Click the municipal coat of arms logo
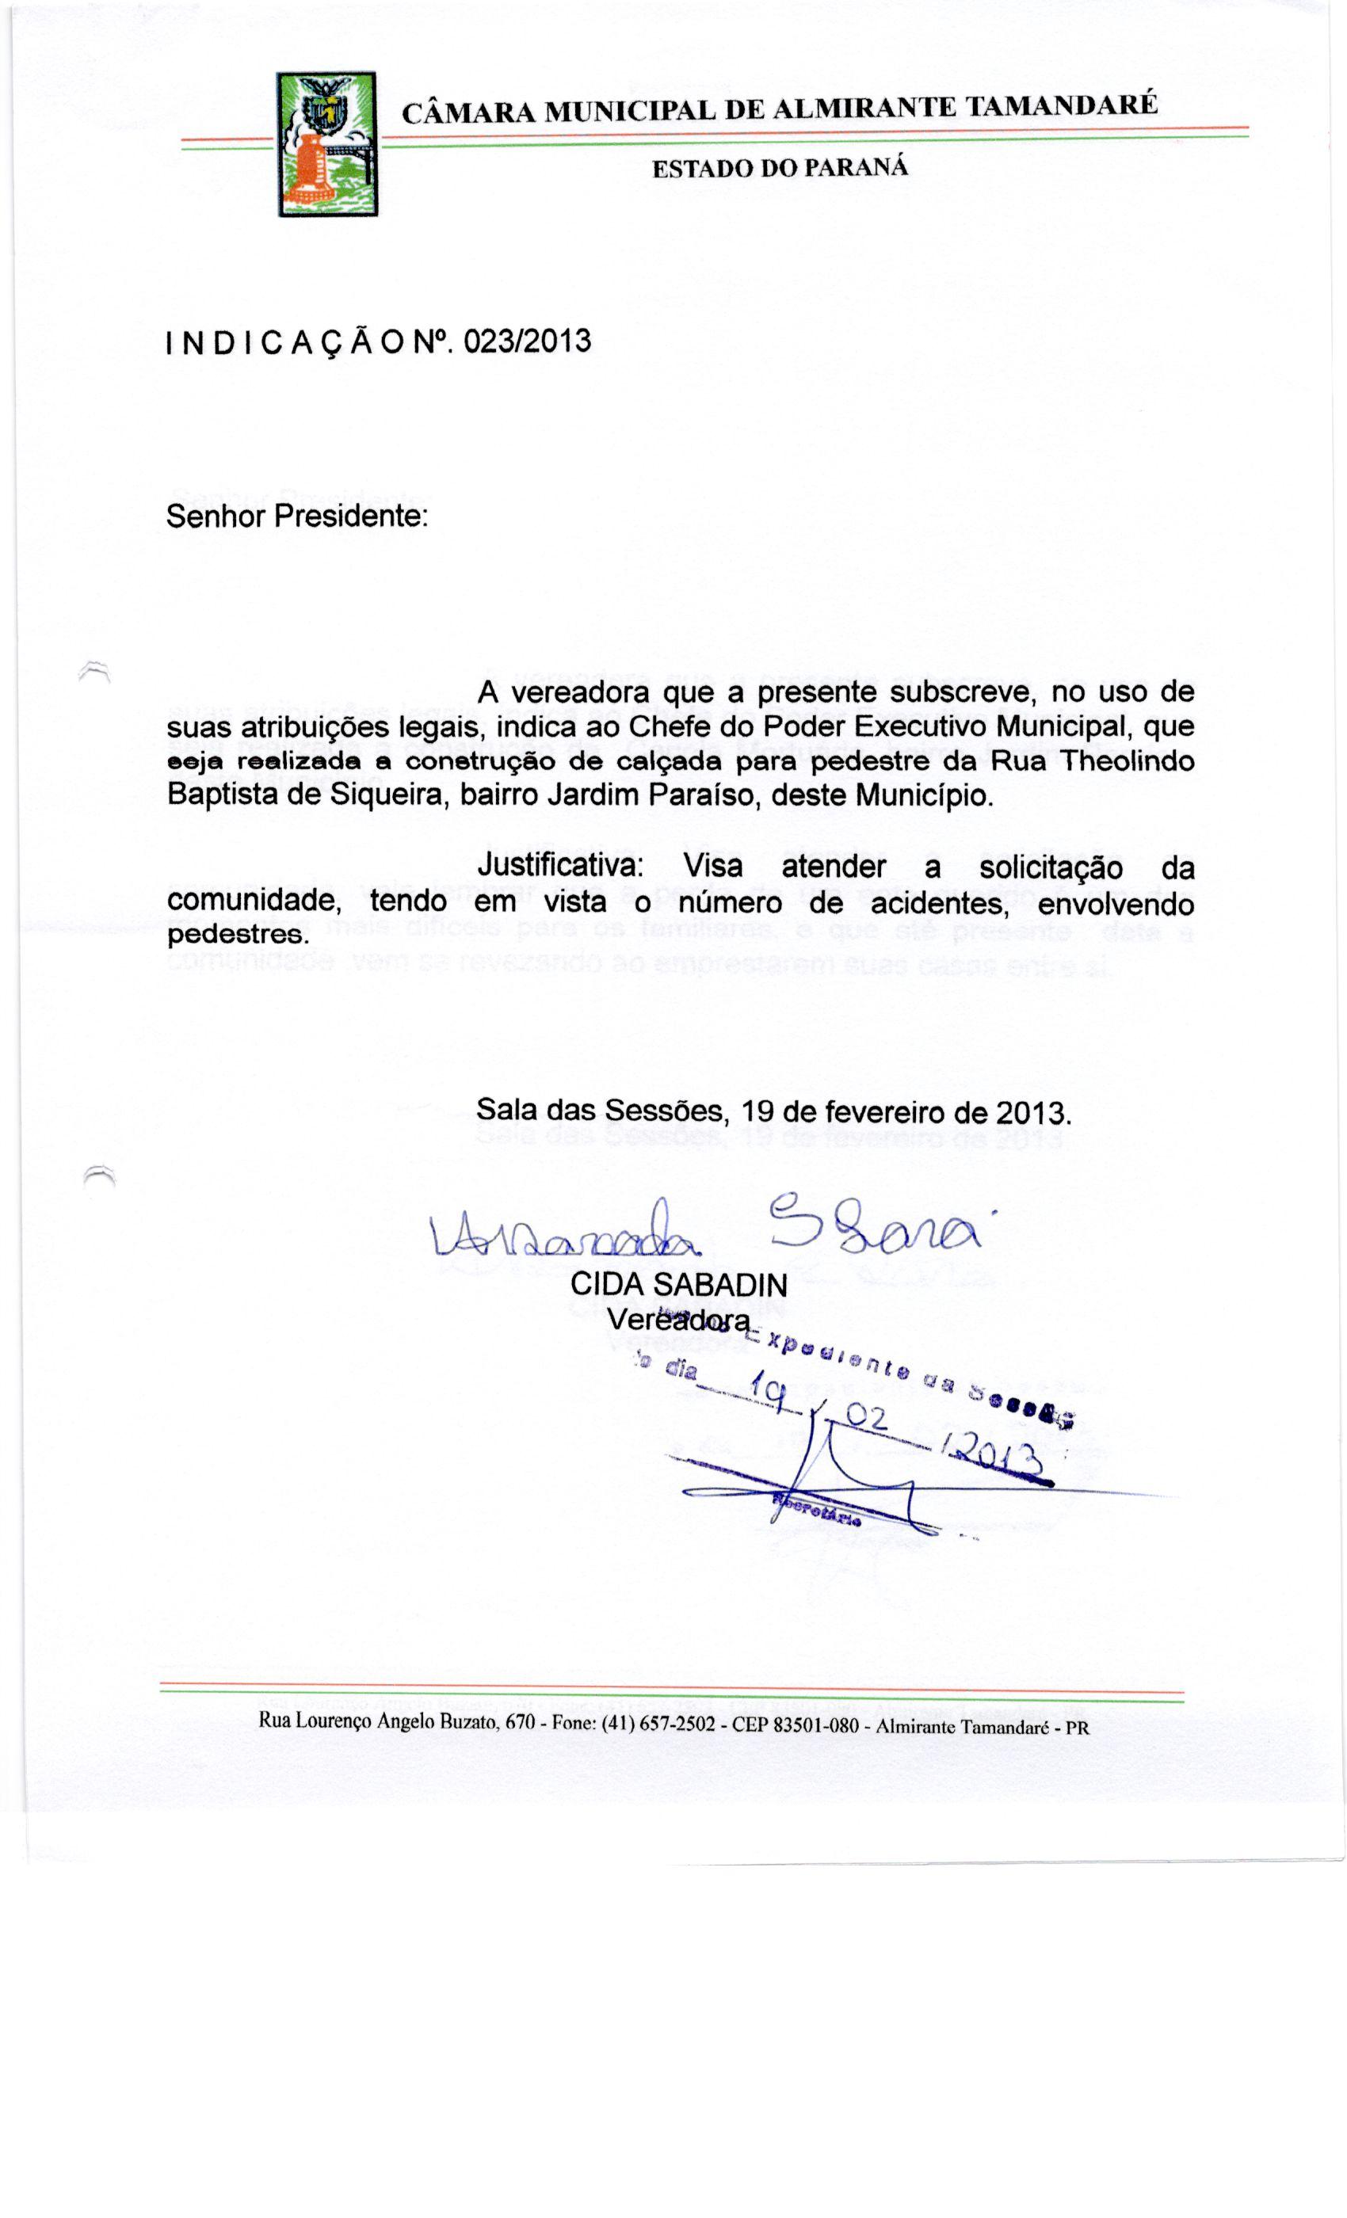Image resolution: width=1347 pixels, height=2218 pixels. pos(326,144)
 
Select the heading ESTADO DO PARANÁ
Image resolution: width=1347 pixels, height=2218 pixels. pos(780,168)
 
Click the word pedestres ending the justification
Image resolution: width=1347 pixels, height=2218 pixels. pos(238,935)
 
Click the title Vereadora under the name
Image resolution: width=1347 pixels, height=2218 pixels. pos(677,1320)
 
